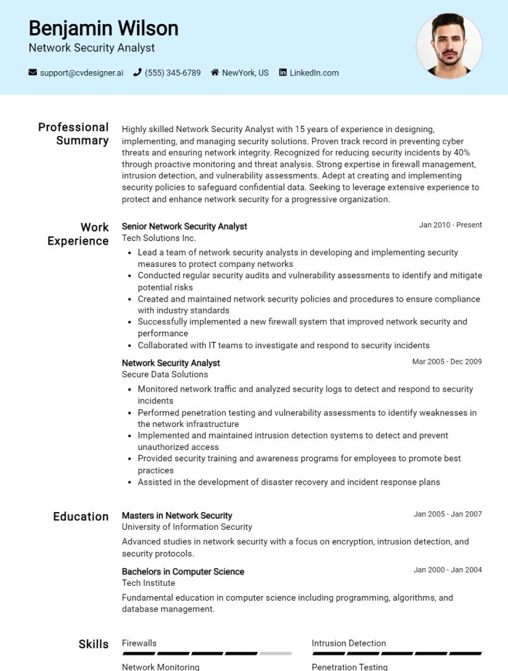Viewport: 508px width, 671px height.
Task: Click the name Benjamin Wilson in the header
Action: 104,28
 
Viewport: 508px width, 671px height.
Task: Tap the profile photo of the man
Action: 449,46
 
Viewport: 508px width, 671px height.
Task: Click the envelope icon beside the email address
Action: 33,72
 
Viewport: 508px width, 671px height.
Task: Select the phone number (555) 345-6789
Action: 172,72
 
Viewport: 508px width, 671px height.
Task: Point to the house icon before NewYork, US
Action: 215,72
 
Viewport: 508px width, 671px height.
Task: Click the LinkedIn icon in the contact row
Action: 283,72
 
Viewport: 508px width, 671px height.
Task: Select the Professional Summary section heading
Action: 74,133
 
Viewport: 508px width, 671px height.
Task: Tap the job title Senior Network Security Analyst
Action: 184,226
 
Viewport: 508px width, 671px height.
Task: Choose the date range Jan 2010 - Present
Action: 450,225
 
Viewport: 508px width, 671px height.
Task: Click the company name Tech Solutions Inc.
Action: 159,238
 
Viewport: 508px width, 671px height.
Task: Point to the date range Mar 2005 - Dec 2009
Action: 447,362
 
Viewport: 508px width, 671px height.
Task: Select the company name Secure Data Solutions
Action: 164,374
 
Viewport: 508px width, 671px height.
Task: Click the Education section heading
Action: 81,517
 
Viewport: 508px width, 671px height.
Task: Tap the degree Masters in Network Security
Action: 177,515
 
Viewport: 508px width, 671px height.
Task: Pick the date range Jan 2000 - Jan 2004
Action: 448,570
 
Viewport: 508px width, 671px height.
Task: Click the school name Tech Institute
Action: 148,583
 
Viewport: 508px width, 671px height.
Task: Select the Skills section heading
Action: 93,644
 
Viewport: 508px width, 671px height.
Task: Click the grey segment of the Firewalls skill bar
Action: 276,653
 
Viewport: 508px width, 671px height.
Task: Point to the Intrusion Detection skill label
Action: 349,643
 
